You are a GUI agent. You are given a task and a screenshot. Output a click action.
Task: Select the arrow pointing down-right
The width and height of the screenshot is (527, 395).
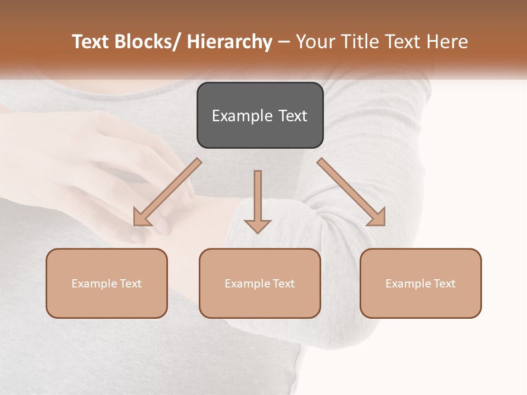(x=351, y=192)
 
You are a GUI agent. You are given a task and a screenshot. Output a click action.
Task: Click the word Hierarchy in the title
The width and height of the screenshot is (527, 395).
(x=229, y=42)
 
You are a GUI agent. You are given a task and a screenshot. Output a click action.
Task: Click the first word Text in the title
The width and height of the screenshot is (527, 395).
(x=92, y=42)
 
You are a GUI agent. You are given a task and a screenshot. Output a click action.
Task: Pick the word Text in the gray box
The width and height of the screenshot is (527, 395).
(x=293, y=116)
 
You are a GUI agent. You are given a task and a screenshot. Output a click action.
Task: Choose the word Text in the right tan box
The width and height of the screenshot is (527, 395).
(x=444, y=284)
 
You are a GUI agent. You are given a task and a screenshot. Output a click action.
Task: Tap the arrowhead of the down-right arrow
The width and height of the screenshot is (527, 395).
(x=377, y=218)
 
